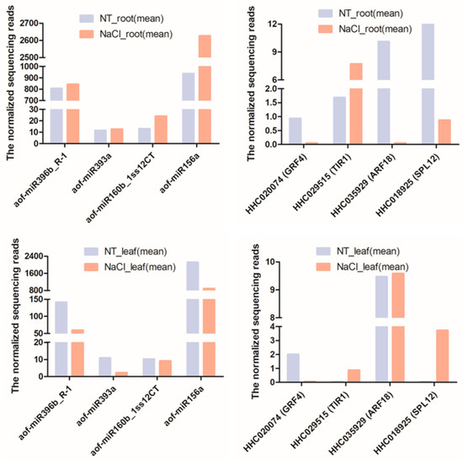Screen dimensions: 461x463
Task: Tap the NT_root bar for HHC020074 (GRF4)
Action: click(x=295, y=131)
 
